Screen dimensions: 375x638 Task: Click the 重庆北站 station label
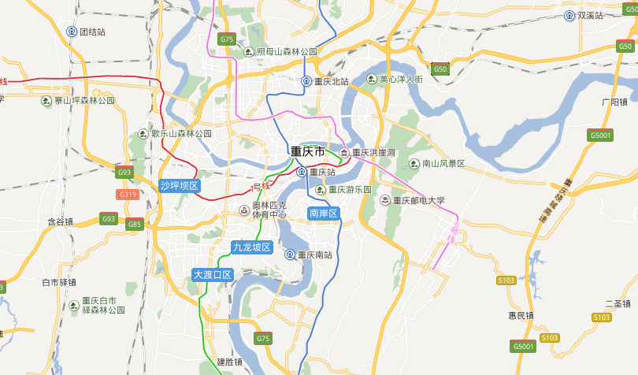click(331, 81)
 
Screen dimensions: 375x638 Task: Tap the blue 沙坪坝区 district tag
click(180, 186)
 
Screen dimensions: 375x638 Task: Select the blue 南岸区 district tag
click(323, 213)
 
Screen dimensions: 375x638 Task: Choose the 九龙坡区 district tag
click(251, 247)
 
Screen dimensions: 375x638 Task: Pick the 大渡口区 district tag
click(213, 275)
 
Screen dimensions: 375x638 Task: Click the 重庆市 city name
click(307, 151)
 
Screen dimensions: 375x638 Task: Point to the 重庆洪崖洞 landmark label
click(373, 152)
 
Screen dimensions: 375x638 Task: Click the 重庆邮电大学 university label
click(418, 200)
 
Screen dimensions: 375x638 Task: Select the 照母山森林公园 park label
click(286, 52)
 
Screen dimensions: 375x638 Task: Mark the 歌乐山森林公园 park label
click(181, 134)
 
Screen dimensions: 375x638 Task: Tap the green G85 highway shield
click(135, 225)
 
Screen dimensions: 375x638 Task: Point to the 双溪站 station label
click(589, 15)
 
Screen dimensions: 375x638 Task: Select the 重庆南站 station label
click(314, 254)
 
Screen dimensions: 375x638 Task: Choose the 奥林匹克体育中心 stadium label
click(269, 210)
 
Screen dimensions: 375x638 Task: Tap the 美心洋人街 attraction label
click(400, 80)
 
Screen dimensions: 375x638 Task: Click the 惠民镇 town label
click(521, 315)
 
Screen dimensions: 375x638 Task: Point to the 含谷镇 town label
click(60, 222)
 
